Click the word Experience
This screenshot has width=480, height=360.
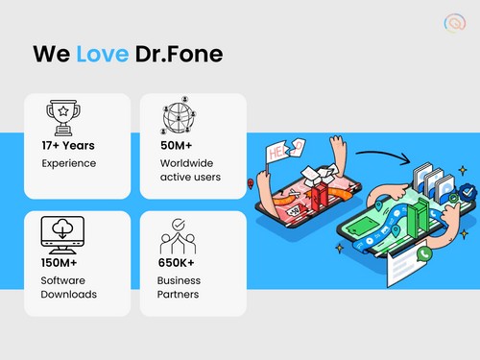point(68,164)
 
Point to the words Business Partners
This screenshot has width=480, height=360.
point(178,286)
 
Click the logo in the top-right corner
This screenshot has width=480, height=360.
point(452,23)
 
